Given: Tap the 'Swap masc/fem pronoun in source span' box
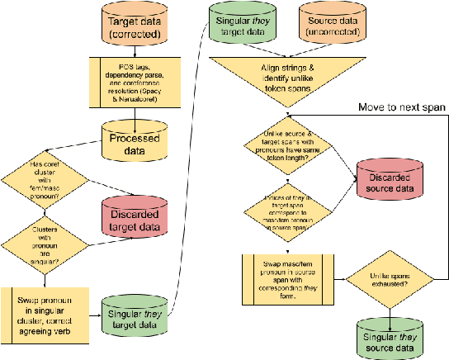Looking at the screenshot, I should point(290,277).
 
